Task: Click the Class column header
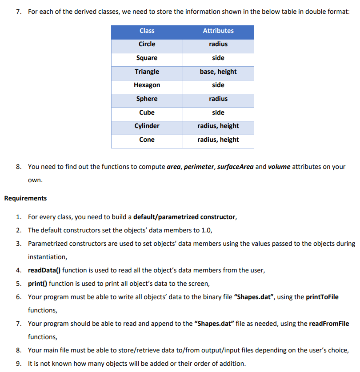tap(147, 31)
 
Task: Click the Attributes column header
tap(218, 31)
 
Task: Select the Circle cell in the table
tap(147, 44)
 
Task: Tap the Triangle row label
tap(147, 72)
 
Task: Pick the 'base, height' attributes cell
tap(218, 72)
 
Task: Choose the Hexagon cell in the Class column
tap(147, 85)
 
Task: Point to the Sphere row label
tap(147, 99)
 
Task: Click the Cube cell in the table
tap(147, 112)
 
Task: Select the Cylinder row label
tap(147, 126)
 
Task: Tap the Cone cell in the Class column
tap(147, 140)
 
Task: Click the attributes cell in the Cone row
tap(218, 140)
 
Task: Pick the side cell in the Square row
tap(218, 58)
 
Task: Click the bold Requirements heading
tap(25, 198)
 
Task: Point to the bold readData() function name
tap(44, 270)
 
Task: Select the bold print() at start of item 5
tap(37, 284)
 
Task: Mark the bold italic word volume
tap(279, 167)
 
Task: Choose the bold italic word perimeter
tap(199, 167)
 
